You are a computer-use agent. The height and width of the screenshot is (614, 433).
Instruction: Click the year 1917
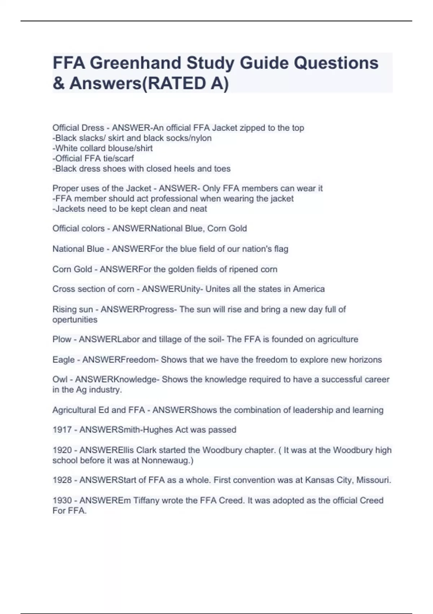pos(62,430)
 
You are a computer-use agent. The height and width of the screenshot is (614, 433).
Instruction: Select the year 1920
pos(62,450)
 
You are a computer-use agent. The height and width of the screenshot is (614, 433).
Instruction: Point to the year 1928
pos(62,480)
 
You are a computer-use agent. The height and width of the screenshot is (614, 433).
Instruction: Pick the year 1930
pos(62,500)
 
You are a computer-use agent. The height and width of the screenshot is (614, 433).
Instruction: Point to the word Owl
pos(60,380)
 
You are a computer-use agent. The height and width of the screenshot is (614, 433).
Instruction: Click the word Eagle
pos(63,360)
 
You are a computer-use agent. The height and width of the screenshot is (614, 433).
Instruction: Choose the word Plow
pos(62,340)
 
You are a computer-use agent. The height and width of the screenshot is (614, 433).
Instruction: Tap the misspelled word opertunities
pos(75,320)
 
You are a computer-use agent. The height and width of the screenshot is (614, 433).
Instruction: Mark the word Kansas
pos(318,480)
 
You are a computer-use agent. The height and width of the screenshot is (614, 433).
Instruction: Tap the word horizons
pos(365,360)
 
